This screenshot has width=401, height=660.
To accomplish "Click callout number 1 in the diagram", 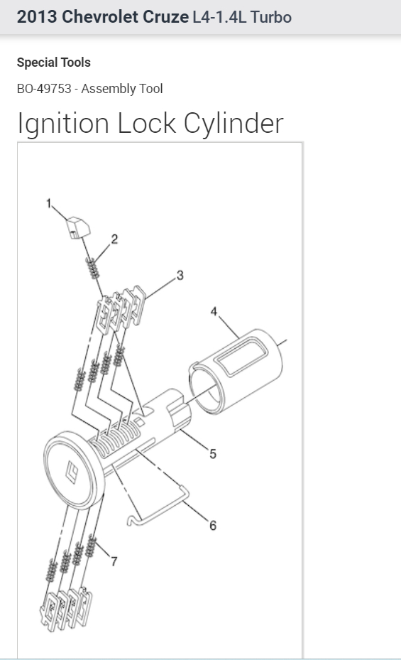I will click(x=50, y=203).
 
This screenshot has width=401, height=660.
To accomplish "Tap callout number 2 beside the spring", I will click(x=114, y=239).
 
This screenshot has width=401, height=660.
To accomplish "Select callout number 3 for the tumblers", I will click(x=180, y=275).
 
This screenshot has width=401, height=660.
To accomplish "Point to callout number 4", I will click(x=213, y=311).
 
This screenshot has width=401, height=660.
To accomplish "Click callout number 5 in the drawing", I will click(x=212, y=453).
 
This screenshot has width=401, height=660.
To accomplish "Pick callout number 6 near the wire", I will click(x=212, y=526).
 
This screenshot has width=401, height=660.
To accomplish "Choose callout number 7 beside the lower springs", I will click(x=114, y=561).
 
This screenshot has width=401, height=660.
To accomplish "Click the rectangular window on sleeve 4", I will click(x=241, y=356).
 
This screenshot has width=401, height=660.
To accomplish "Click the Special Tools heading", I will click(x=54, y=63).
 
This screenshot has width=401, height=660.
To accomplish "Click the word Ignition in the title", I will click(x=64, y=124).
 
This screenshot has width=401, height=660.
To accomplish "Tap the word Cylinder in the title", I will click(x=234, y=124).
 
